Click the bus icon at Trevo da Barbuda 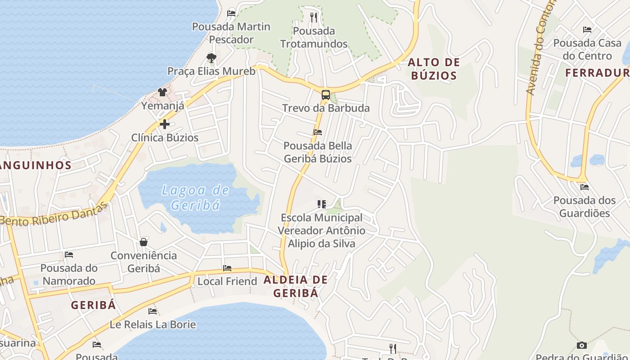325,95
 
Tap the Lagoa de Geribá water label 196,198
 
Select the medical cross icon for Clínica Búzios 165,124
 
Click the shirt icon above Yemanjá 162,92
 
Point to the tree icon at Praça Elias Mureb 211,58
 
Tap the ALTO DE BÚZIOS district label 434,69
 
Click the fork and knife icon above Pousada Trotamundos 314,18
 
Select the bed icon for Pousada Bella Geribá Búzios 318,132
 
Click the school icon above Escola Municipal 321,204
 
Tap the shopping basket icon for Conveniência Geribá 144,242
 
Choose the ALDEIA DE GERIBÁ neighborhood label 296,286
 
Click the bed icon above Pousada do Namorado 69,255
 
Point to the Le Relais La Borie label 153,324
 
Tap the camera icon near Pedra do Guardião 582,345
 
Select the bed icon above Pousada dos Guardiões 585,187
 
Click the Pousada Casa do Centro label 587,49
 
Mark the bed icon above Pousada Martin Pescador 231,13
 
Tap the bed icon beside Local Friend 227,268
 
